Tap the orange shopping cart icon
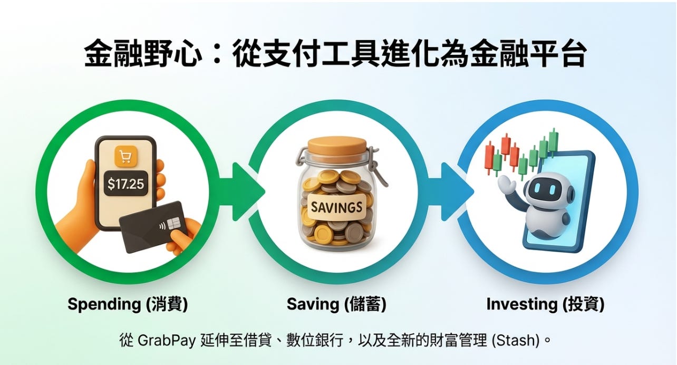click(125, 157)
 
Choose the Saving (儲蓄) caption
click(336, 304)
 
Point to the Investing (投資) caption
click(545, 304)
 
